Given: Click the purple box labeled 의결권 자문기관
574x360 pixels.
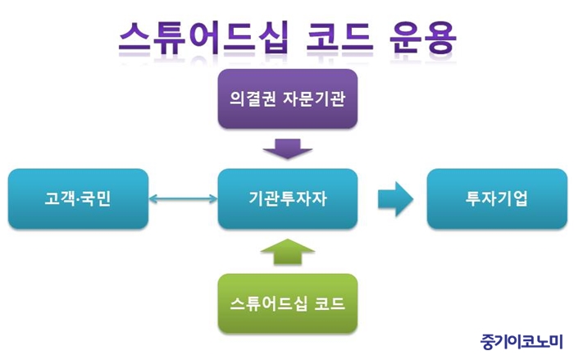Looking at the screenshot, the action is click(x=288, y=98).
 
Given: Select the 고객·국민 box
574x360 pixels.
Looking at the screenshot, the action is click(x=79, y=198).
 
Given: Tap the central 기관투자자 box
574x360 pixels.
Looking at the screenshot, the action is click(x=288, y=198).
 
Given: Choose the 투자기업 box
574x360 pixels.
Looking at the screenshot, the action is click(x=497, y=198).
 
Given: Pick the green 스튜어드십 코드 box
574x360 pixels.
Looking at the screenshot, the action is click(x=288, y=303).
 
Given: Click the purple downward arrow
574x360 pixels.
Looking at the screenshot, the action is click(x=288, y=148).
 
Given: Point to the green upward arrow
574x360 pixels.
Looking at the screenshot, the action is click(x=288, y=252).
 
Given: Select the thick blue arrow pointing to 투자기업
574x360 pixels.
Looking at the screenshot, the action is click(x=396, y=198).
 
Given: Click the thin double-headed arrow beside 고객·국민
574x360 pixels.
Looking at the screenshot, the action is click(x=183, y=198).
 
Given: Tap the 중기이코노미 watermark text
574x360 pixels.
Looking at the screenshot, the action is click(x=522, y=342).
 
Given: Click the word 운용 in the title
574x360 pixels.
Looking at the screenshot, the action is click(x=423, y=38).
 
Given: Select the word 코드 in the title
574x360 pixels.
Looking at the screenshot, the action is click(x=339, y=38).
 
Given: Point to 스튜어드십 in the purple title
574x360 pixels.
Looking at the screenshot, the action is click(x=204, y=38).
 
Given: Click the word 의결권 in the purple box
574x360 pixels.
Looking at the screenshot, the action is click(x=253, y=98).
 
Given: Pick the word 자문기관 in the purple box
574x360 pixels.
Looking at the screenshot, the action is click(x=314, y=98).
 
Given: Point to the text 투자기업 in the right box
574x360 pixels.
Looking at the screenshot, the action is click(x=496, y=198).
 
